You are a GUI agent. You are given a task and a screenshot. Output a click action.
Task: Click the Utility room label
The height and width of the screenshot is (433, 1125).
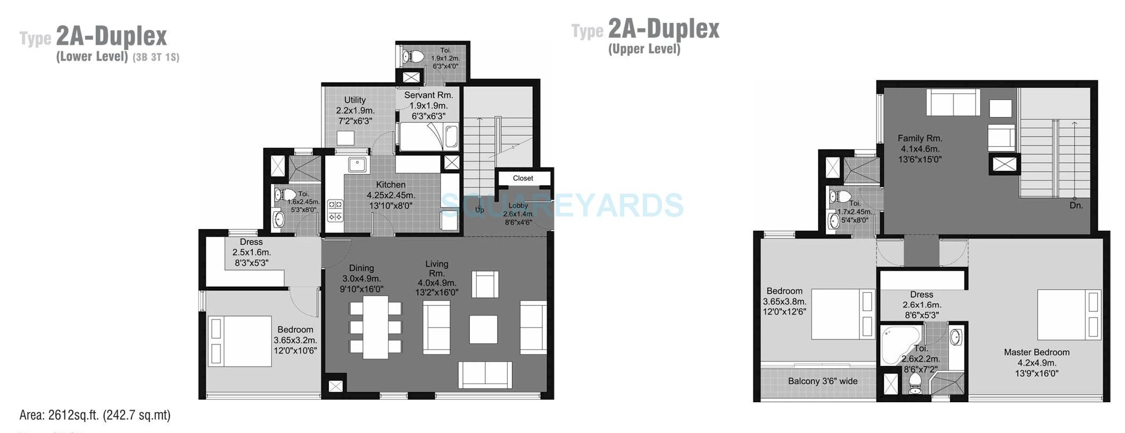pos(354,100)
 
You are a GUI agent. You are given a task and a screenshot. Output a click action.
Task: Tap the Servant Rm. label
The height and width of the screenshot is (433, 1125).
pos(428,95)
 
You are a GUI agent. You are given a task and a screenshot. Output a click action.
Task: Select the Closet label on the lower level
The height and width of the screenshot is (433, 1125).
pos(523,178)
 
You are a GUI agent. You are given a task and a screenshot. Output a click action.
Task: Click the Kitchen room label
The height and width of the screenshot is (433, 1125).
pos(391,185)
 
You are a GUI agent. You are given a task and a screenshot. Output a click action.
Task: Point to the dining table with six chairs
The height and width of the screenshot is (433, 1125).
pos(375,327)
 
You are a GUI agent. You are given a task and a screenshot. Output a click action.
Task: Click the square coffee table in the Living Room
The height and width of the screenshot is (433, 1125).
pos(483,329)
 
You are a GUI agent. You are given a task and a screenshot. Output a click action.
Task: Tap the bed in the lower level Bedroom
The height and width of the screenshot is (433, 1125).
pos(239,341)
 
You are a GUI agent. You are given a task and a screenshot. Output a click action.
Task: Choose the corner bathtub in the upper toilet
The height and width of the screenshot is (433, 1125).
pos(899,343)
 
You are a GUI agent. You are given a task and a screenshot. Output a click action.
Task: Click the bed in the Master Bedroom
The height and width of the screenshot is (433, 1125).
pos(1069,315)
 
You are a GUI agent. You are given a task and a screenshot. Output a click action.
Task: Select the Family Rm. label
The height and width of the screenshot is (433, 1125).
pos(920,138)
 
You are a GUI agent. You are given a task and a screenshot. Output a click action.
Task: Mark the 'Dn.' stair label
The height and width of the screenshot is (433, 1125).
pos(1076,205)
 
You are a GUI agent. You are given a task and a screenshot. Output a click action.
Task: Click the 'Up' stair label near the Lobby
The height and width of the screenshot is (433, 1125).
pos(479,210)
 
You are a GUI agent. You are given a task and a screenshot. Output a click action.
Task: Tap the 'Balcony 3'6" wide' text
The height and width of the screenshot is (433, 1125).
pos(823,381)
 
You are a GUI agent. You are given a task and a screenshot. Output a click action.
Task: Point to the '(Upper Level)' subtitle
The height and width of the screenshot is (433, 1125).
pos(644,49)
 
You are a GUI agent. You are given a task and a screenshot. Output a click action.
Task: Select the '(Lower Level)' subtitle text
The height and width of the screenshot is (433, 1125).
pos(92,56)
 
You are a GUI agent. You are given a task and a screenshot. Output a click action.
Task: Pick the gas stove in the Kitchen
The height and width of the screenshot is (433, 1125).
pos(335,210)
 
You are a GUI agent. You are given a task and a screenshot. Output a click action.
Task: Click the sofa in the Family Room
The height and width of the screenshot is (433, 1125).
pos(953,102)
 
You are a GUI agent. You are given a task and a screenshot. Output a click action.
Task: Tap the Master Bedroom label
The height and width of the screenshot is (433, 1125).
pos(1036,352)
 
